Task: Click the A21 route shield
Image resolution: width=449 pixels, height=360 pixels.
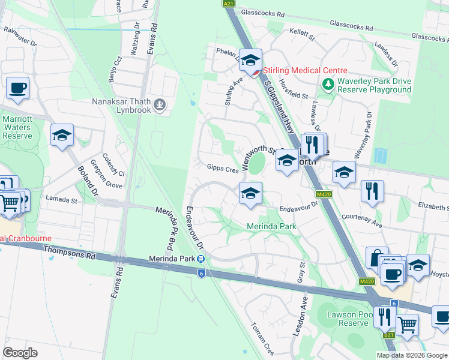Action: click(228, 4)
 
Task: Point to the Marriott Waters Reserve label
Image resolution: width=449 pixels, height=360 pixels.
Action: click(17, 127)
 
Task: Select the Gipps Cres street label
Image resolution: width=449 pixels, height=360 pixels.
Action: click(223, 169)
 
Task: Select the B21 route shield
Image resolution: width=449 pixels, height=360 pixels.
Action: click(389, 335)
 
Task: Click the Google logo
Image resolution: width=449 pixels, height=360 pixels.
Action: click(20, 352)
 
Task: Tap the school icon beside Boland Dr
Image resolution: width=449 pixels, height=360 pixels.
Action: click(62, 136)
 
